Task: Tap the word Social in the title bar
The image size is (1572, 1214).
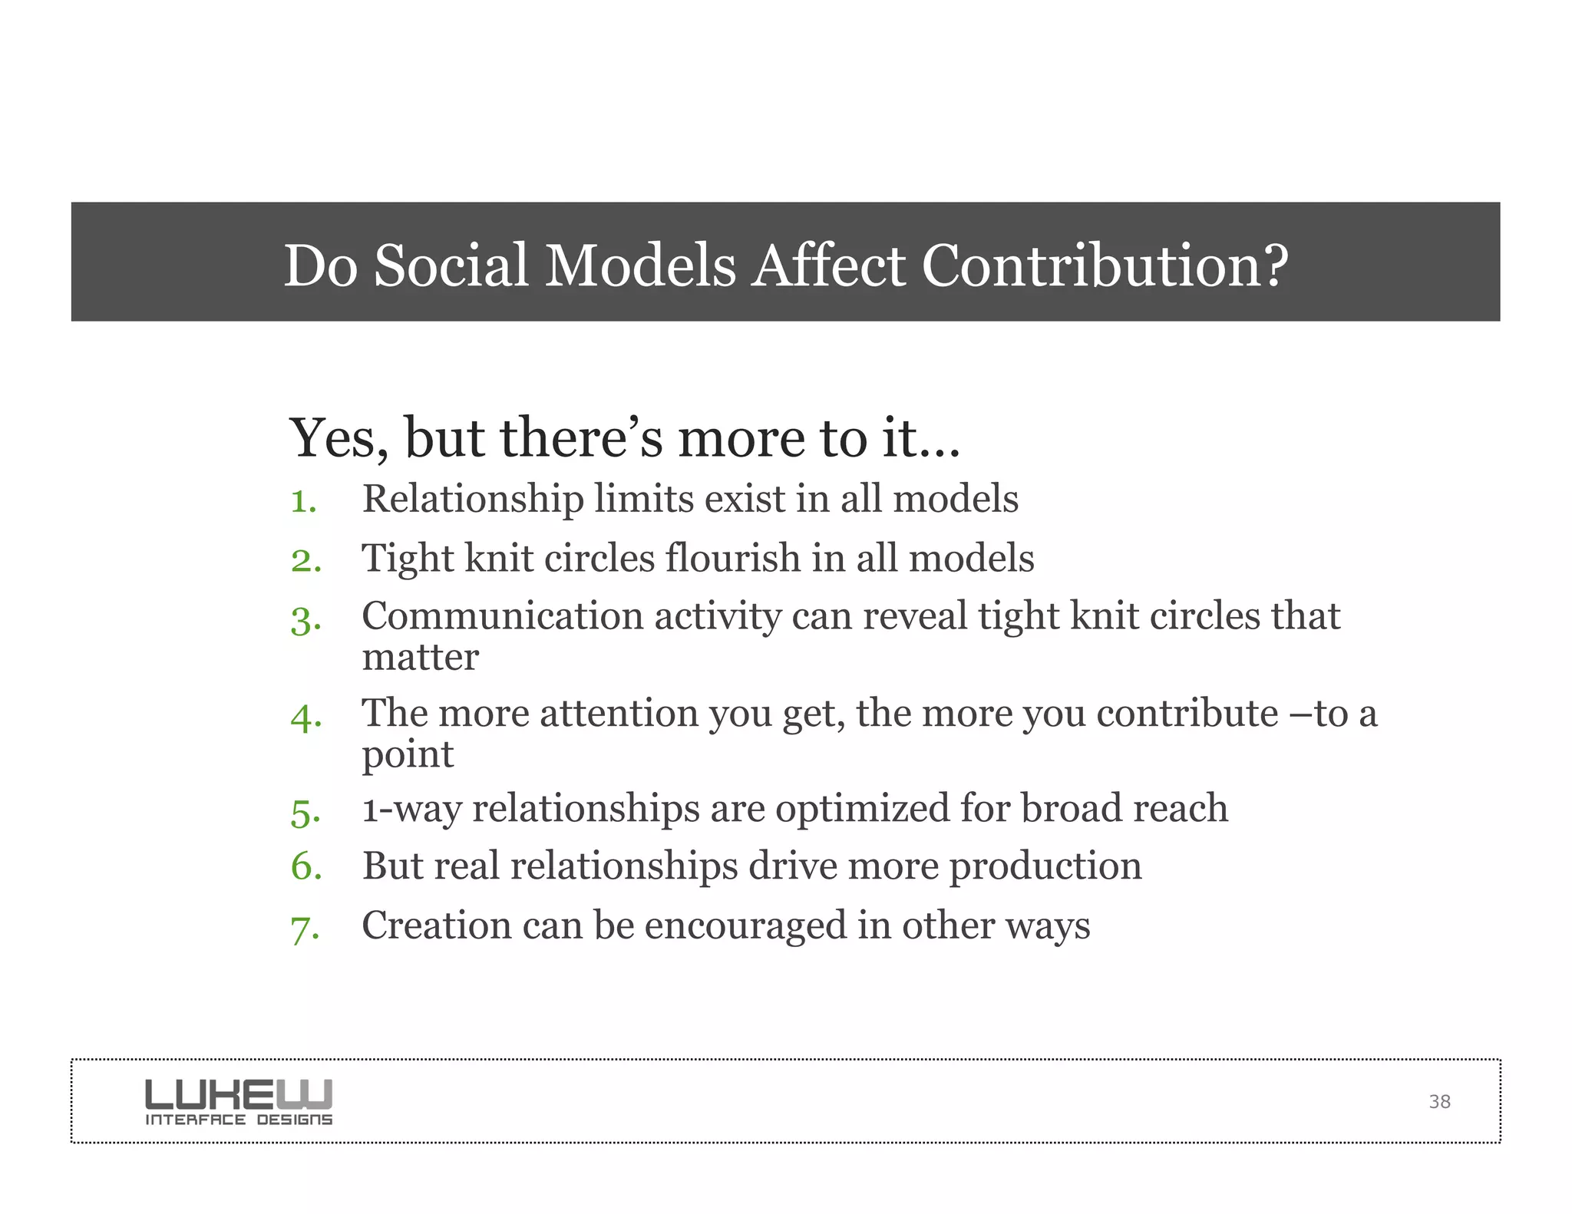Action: [451, 266]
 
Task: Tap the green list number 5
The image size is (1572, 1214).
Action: [305, 813]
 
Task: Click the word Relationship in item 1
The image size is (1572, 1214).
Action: [473, 500]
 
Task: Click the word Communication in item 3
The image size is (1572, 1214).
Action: [503, 616]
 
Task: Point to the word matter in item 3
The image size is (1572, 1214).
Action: [421, 658]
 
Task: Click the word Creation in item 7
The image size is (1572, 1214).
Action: [437, 925]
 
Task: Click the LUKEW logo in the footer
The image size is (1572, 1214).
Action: [239, 1094]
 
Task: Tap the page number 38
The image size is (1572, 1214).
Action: [1439, 1102]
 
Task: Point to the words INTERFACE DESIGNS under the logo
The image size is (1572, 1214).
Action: [239, 1120]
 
